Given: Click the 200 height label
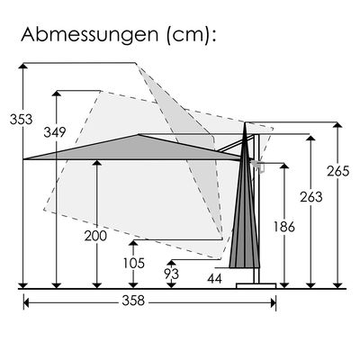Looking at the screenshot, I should click(94, 236).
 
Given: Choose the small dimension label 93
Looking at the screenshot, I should click(171, 273).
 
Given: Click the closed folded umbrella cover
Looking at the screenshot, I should click(245, 216).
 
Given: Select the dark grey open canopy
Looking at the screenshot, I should click(135, 148).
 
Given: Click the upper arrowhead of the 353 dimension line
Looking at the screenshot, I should click(22, 67).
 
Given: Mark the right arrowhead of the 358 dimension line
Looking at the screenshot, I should click(273, 302).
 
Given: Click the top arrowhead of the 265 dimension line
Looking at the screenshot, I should click(337, 125).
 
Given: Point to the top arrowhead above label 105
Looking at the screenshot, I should click(133, 243).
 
